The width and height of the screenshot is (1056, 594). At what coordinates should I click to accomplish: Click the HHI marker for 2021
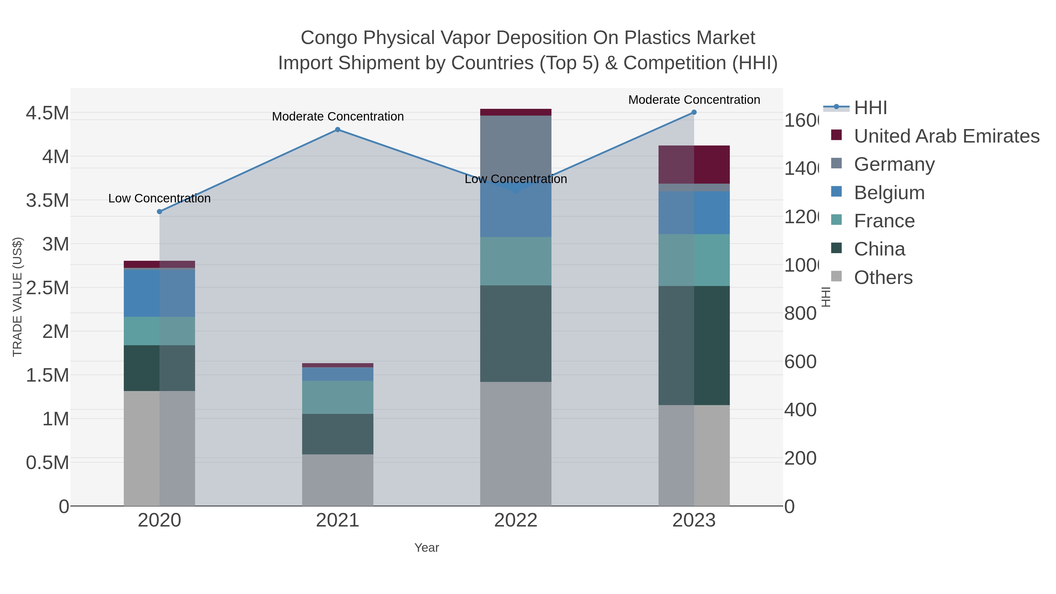(x=337, y=130)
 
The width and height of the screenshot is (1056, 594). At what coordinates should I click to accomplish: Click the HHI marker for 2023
(x=694, y=112)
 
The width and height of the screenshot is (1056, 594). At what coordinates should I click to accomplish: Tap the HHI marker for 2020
(x=160, y=211)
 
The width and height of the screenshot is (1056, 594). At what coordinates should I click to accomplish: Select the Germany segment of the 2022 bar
(x=515, y=148)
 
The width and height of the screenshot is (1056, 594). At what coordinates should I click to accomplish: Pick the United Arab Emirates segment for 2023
(x=694, y=164)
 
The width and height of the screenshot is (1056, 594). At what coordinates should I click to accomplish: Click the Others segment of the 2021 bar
(x=337, y=480)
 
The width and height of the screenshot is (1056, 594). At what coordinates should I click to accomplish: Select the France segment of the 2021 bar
(x=337, y=397)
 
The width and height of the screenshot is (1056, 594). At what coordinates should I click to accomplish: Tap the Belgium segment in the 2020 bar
(x=160, y=293)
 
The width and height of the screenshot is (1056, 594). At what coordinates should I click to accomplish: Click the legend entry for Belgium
(x=889, y=193)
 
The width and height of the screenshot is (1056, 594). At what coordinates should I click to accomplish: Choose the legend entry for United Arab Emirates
(x=946, y=136)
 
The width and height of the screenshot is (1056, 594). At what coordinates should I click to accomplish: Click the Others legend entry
(x=883, y=277)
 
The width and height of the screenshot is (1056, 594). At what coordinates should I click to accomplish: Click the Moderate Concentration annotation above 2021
(x=337, y=116)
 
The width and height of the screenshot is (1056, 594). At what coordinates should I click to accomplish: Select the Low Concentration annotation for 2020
(x=160, y=198)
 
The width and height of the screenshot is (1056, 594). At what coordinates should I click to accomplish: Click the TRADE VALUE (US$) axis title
(x=17, y=297)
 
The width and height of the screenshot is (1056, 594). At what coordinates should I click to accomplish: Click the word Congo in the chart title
(x=329, y=38)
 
